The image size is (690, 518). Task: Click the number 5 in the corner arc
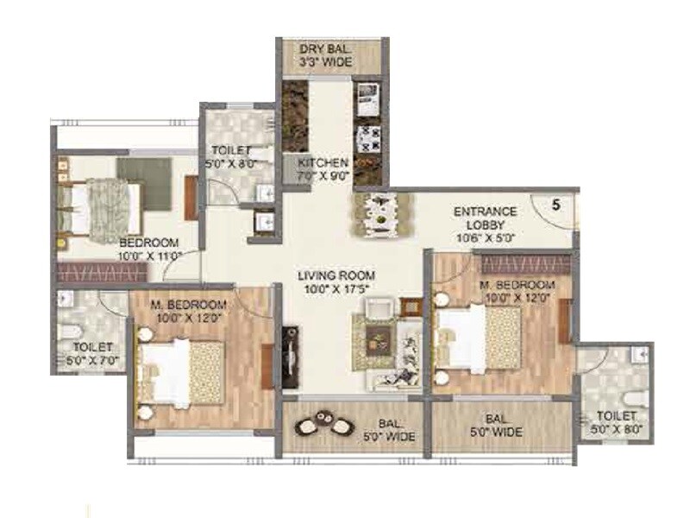tap(556, 205)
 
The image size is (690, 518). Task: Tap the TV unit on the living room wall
tap(292, 354)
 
